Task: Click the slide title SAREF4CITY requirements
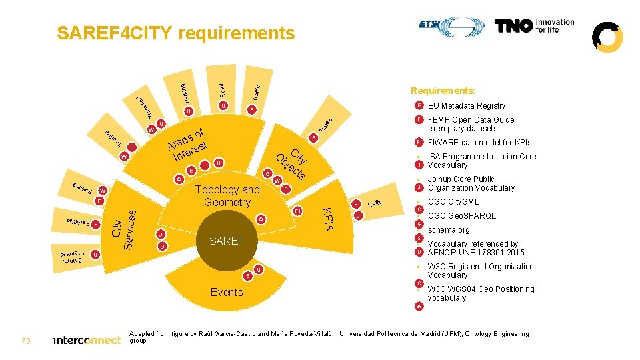coord(176,33)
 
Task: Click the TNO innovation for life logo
coord(534,26)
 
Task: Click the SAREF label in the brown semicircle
coord(227,241)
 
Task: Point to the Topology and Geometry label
coord(227,196)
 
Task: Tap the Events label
coord(227,292)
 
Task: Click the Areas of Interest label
coord(189,143)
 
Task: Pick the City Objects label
coord(292,163)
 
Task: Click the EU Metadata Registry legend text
coord(467,106)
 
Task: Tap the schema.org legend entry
coord(449,230)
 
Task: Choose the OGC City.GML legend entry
coord(453,202)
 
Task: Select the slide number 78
coord(26,341)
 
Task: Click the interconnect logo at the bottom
coord(86,341)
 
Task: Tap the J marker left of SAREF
coord(161,235)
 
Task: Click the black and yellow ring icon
coord(607,37)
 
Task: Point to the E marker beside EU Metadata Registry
coord(419,106)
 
